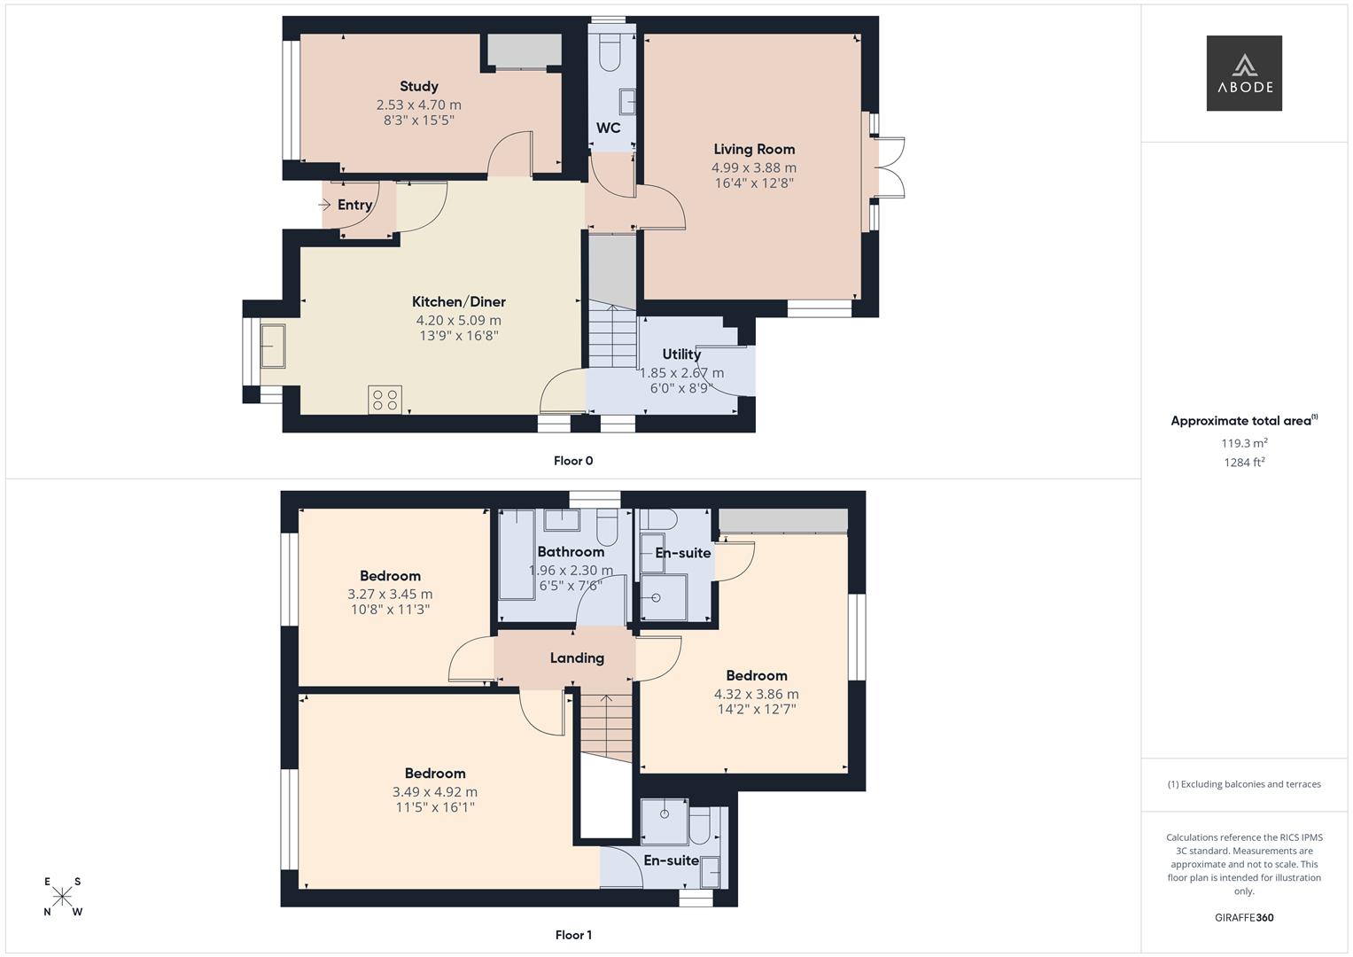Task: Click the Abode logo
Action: [x=1243, y=73]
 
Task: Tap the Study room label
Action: [x=418, y=86]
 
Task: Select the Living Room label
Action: [x=754, y=149]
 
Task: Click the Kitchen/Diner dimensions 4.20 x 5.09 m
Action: [x=458, y=320]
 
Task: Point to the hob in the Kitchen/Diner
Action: [x=385, y=400]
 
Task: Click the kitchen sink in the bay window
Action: [x=272, y=346]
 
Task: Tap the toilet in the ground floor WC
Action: [x=610, y=55]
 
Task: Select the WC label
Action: [x=608, y=128]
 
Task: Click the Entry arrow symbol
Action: [x=324, y=205]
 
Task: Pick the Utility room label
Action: [x=681, y=354]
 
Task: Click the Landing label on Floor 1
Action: [x=577, y=657]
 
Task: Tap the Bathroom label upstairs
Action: [x=571, y=552]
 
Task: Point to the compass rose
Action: [x=63, y=897]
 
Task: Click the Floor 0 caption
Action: [x=573, y=461]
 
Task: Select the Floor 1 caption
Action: [x=573, y=935]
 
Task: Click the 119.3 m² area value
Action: [x=1244, y=443]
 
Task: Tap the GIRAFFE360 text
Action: [x=1243, y=917]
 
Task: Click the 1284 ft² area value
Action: [x=1244, y=462]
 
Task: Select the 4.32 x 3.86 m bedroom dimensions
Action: [x=756, y=694]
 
